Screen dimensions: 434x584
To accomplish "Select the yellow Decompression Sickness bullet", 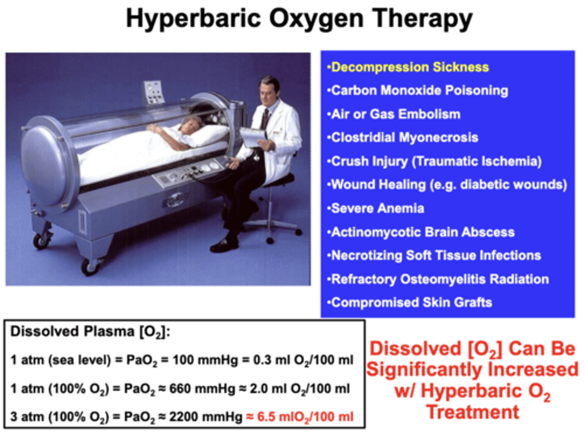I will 410,67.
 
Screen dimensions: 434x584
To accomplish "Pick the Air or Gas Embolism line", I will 395,114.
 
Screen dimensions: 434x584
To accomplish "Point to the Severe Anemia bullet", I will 377,208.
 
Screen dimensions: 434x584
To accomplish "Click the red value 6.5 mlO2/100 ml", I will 305,417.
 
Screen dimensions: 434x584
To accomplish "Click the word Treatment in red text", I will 472,412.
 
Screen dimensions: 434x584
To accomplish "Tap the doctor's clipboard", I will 252,137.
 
